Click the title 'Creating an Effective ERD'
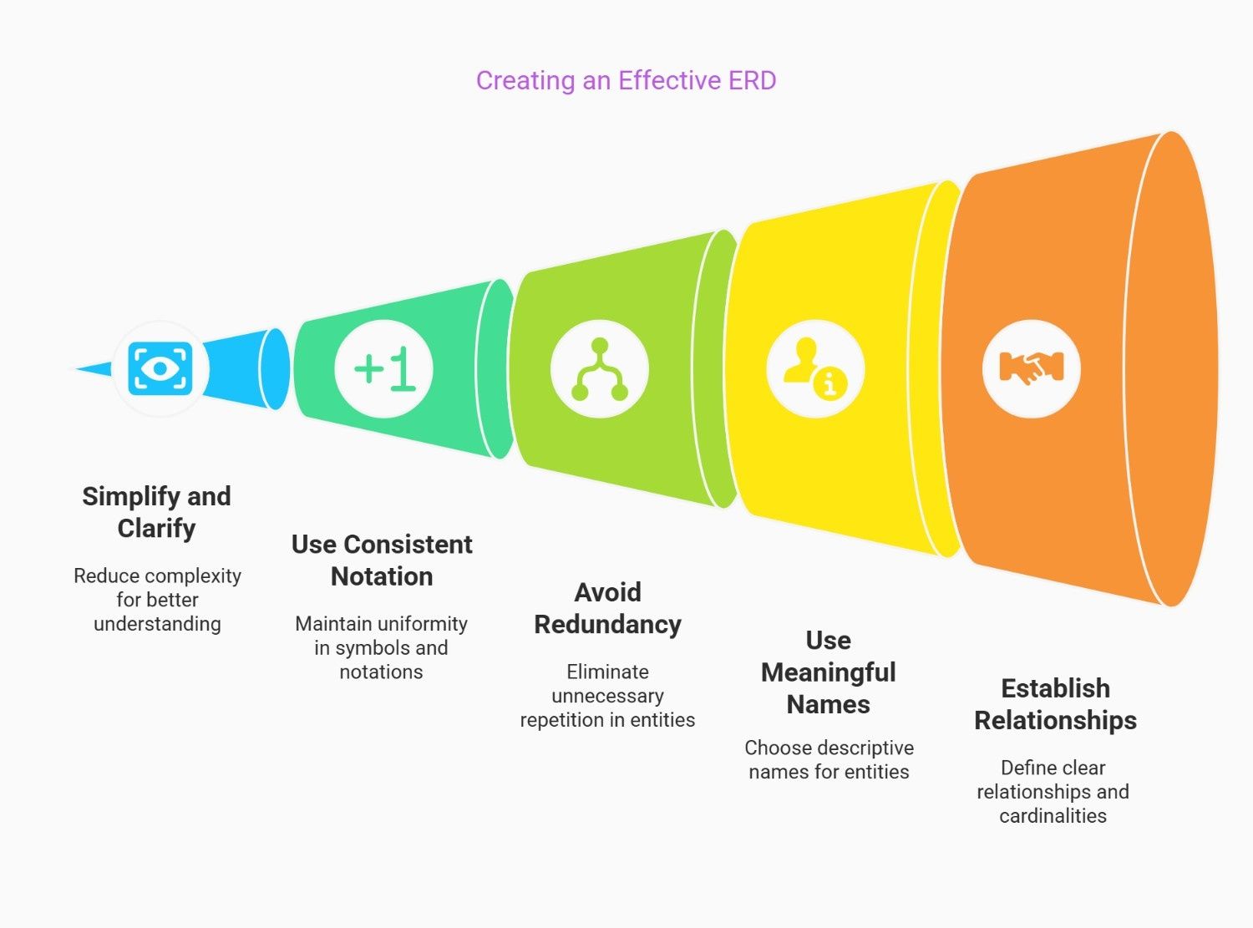click(626, 80)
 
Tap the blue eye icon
click(160, 368)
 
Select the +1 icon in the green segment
click(384, 368)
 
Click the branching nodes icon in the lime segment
click(600, 368)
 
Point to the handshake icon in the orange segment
click(1031, 368)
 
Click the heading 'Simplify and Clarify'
click(156, 512)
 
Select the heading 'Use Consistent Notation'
click(382, 560)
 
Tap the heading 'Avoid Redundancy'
click(607, 608)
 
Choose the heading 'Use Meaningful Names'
click(828, 672)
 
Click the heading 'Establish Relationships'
click(1055, 704)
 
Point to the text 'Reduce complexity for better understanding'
click(157, 600)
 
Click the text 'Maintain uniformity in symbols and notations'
click(381, 647)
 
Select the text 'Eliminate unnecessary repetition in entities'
click(607, 696)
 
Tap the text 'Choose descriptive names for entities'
click(829, 759)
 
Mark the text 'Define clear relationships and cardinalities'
click(1053, 791)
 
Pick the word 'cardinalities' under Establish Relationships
click(1053, 815)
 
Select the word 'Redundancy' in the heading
click(607, 624)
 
